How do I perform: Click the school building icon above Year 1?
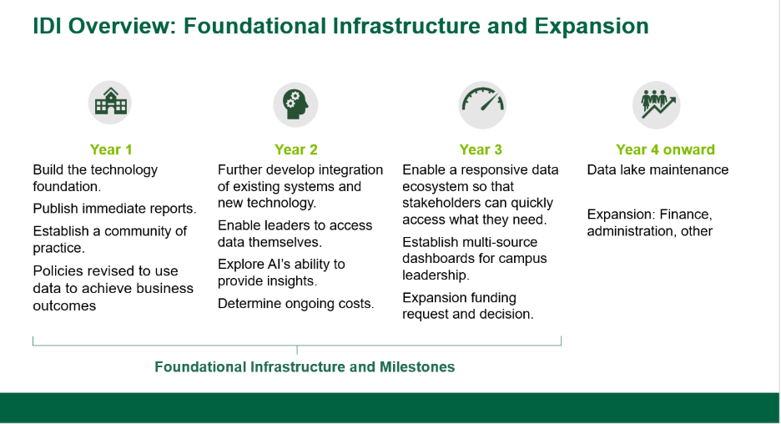110,103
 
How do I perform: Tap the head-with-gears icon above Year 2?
295,104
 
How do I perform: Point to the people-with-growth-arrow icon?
657,104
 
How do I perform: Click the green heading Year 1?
111,149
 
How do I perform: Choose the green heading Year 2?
296,149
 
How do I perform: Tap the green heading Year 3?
481,149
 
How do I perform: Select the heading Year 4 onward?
666,149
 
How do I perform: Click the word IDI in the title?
47,26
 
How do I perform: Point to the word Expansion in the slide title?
592,27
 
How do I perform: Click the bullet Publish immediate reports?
114,209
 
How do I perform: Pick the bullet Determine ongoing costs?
296,304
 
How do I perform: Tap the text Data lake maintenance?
658,170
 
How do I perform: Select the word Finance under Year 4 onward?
686,215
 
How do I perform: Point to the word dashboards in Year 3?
437,259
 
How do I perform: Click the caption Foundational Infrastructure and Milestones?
305,367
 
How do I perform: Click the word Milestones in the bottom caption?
417,367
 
